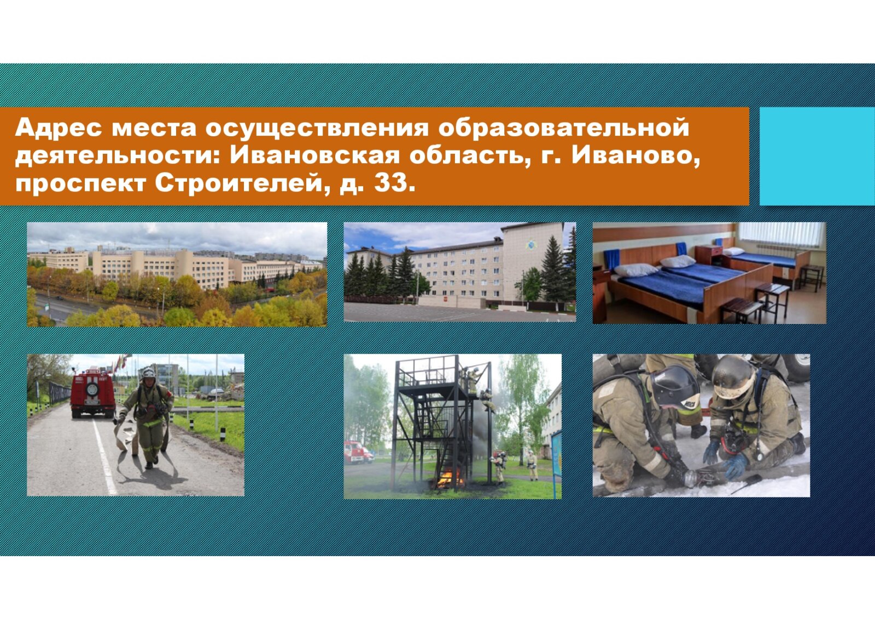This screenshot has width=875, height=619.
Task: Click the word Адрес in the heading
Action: click(x=59, y=128)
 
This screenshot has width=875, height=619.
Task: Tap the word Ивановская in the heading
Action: click(x=315, y=155)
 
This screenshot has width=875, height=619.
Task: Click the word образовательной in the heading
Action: click(x=563, y=128)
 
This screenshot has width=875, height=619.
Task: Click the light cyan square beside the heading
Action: click(x=817, y=156)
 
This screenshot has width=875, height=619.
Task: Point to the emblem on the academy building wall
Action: click(x=531, y=245)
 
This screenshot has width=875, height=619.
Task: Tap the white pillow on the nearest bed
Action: click(x=635, y=269)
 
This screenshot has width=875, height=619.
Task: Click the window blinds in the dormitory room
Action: click(x=781, y=235)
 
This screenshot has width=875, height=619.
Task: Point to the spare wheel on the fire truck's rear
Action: click(x=92, y=389)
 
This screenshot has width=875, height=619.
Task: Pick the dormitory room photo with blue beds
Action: click(x=709, y=273)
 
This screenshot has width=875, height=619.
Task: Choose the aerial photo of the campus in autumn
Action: click(x=177, y=275)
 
